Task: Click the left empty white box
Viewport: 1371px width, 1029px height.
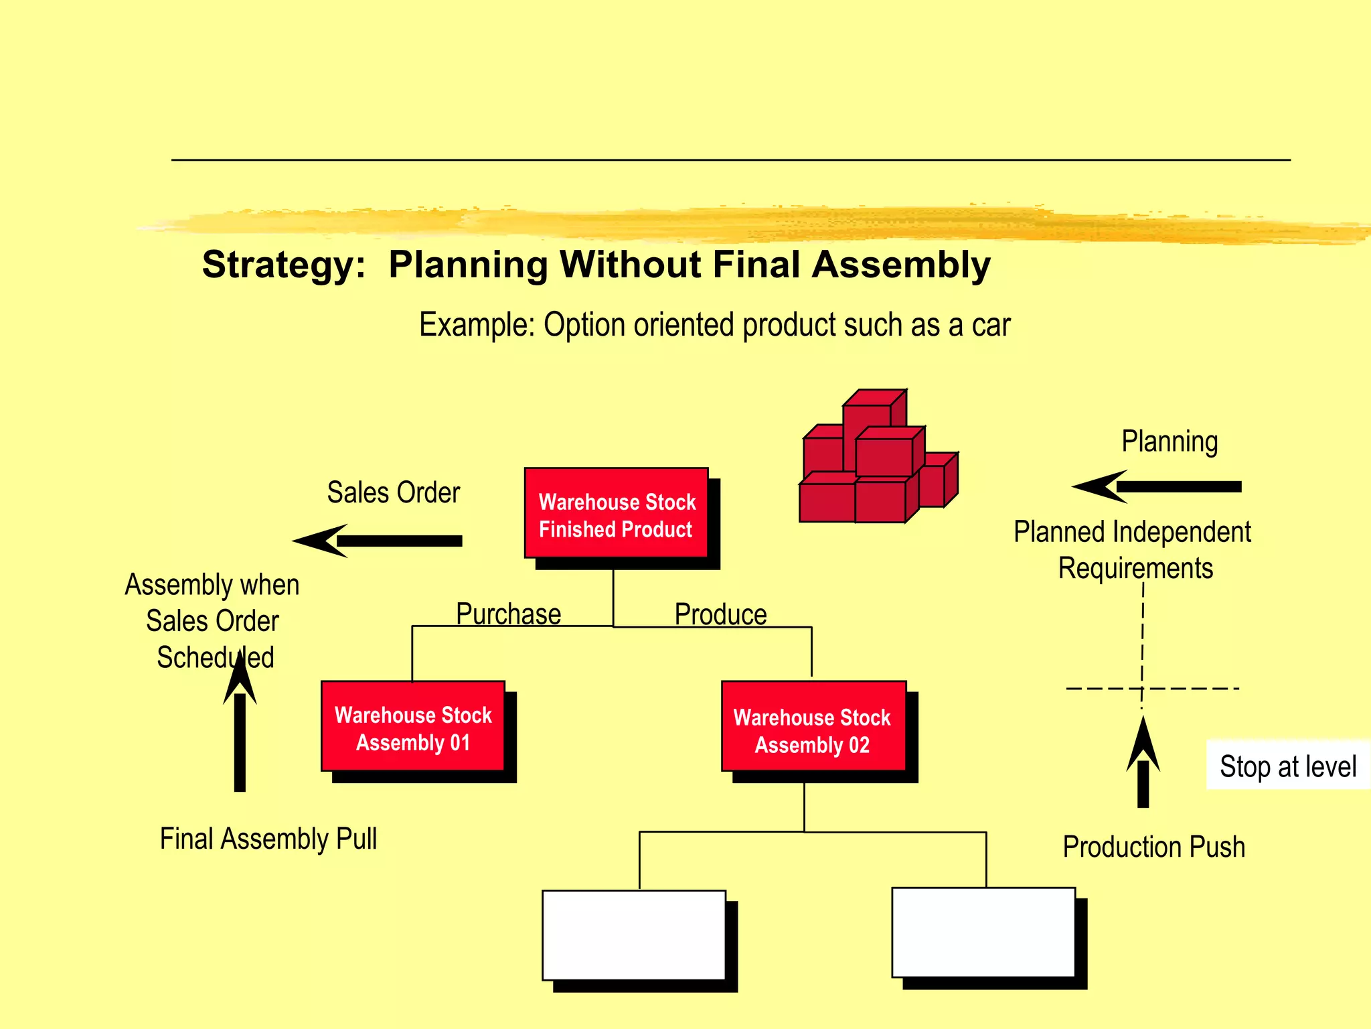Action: (633, 935)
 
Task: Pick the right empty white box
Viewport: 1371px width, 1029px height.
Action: (983, 932)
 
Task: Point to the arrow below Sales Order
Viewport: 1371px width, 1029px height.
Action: (379, 541)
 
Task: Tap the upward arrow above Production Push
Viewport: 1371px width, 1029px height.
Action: (1143, 764)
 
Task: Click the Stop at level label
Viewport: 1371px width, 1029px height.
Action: (1287, 766)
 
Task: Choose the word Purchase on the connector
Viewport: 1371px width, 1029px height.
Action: (508, 614)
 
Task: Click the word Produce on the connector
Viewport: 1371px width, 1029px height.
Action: (720, 614)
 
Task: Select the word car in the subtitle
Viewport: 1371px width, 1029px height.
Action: (990, 325)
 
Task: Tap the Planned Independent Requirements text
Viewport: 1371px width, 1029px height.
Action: (1133, 549)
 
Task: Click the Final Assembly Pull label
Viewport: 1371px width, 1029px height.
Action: (268, 839)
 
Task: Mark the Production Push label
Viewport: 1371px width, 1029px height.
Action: (1153, 847)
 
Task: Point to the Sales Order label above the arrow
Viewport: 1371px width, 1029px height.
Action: (393, 492)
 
